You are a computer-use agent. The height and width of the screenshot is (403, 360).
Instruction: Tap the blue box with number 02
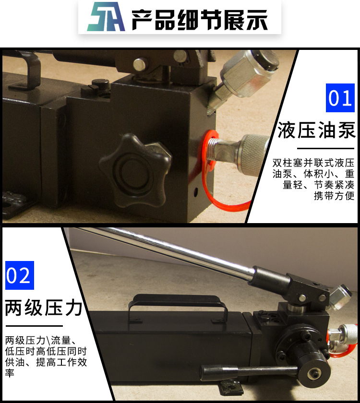[x=19, y=275]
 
